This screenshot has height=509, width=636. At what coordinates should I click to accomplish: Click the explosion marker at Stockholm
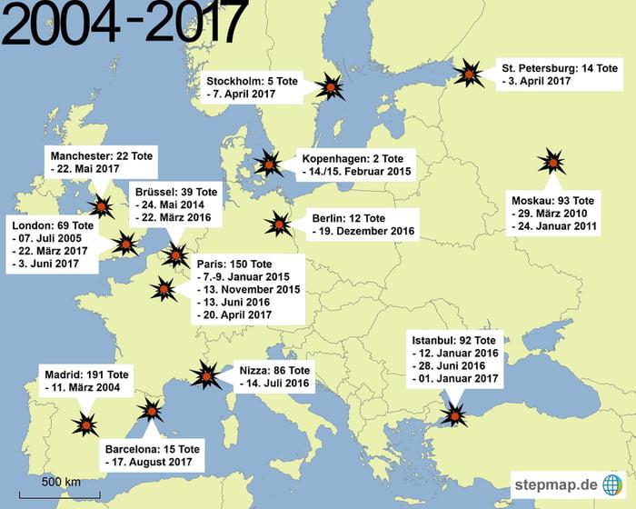[x=332, y=87]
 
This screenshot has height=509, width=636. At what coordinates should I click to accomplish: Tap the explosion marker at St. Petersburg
[x=469, y=73]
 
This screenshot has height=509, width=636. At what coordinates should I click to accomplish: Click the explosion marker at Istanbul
[x=452, y=414]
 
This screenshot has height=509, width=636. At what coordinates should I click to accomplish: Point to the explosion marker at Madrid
[x=86, y=424]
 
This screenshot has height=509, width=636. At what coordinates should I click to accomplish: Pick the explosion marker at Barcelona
[x=150, y=413]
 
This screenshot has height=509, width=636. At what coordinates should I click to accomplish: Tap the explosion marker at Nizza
[x=206, y=375]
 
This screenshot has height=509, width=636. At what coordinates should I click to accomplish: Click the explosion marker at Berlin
[x=278, y=224]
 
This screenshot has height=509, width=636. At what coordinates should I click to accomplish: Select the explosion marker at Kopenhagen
[x=268, y=165]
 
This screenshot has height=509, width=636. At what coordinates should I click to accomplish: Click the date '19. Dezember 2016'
[x=363, y=232]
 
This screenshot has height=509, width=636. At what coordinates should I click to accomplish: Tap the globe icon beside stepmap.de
[x=613, y=484]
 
